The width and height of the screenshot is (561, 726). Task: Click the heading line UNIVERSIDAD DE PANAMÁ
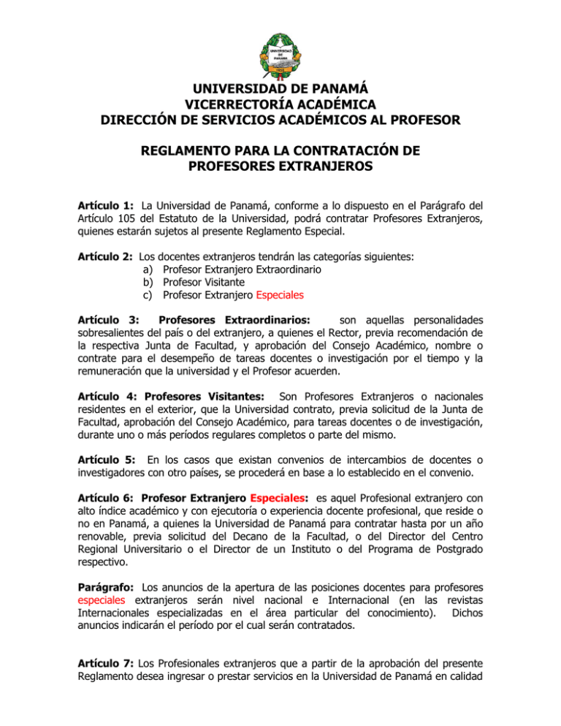[x=280, y=93]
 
